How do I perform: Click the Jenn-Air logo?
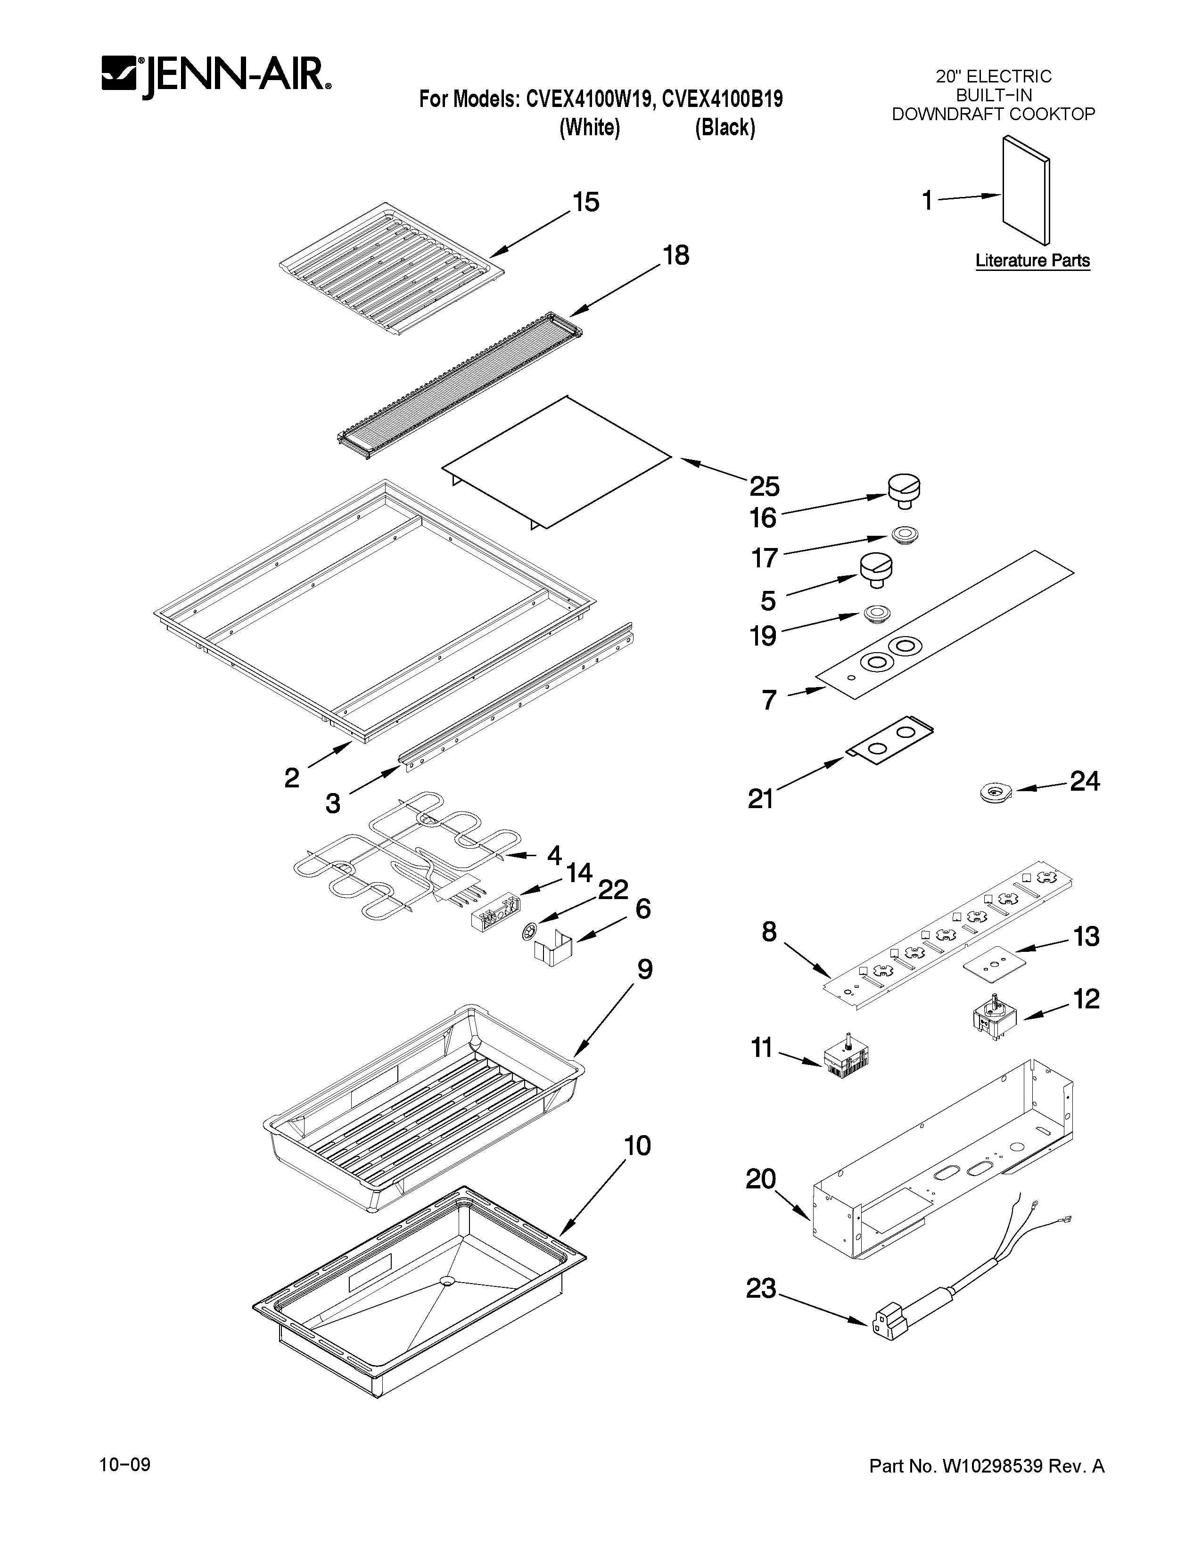216,75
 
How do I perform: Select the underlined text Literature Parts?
1032,261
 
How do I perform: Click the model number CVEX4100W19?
589,99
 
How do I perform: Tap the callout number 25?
764,486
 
